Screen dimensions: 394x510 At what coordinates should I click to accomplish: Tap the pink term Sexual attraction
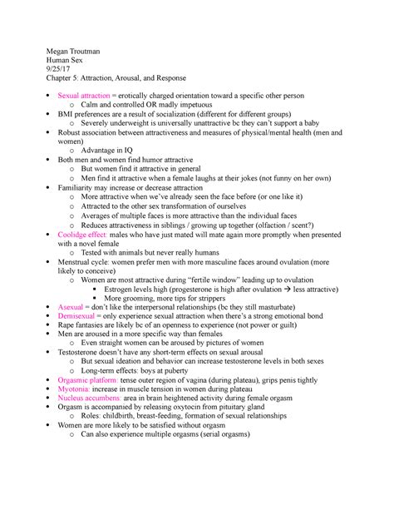click(x=92, y=107)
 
